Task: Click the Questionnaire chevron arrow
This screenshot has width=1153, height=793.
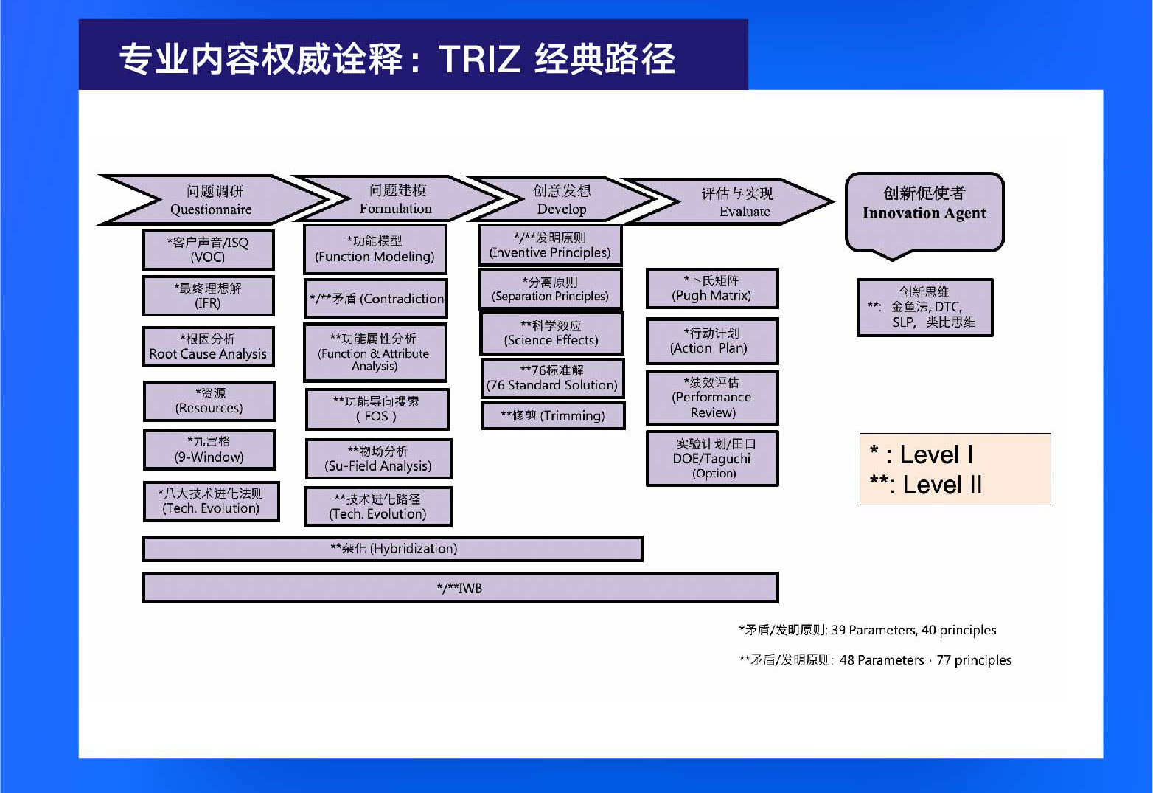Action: click(x=214, y=200)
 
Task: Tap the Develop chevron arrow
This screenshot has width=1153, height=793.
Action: click(x=562, y=200)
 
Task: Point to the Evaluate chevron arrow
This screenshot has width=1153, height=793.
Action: click(x=737, y=202)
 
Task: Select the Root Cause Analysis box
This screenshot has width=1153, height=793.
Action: click(x=208, y=347)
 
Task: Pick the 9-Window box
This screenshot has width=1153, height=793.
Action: click(x=209, y=449)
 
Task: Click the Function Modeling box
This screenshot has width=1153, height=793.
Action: click(x=375, y=249)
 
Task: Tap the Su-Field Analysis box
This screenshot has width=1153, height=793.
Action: click(x=378, y=459)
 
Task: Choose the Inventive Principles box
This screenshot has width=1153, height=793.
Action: click(x=550, y=245)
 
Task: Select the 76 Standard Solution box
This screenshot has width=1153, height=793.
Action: click(x=552, y=378)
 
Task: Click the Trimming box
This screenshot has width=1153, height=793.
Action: click(x=553, y=415)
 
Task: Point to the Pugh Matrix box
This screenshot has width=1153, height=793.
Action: click(x=711, y=288)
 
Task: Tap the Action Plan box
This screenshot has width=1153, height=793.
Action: click(x=711, y=341)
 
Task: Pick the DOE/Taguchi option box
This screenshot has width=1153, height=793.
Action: click(x=711, y=458)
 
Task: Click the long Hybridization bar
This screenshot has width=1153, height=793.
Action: click(x=392, y=549)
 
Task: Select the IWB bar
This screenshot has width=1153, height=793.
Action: click(x=459, y=588)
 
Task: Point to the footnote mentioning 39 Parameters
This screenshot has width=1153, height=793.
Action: click(x=868, y=630)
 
